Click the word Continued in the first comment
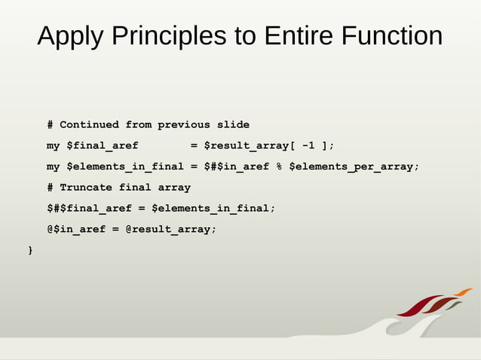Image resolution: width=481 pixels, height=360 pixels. click(x=89, y=124)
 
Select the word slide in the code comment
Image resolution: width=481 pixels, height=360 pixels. click(x=232, y=124)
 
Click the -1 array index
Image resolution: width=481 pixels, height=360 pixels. click(x=308, y=145)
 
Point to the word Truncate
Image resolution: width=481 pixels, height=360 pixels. click(x=86, y=187)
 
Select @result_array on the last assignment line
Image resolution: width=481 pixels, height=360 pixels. click(x=170, y=229)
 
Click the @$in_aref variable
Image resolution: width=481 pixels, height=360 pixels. click(x=76, y=229)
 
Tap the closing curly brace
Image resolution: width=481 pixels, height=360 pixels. click(x=30, y=249)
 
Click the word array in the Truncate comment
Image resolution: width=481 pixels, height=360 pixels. click(x=174, y=187)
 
